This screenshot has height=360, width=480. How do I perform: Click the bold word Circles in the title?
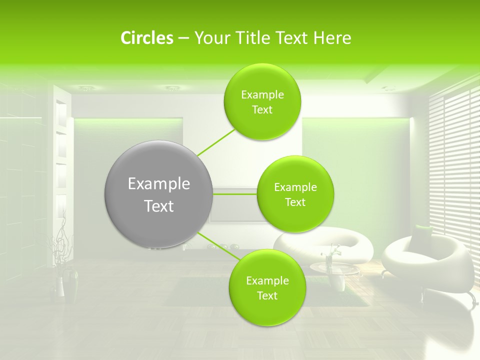(x=147, y=38)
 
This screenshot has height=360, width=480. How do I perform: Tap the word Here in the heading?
(x=332, y=38)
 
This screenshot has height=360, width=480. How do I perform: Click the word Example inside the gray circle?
(x=158, y=184)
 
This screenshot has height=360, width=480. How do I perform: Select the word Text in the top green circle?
(x=262, y=110)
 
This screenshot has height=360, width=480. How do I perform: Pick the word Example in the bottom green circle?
(x=267, y=281)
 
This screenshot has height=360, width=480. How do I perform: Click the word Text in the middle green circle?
(x=295, y=202)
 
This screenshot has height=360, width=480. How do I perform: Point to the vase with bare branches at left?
(x=60, y=280)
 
